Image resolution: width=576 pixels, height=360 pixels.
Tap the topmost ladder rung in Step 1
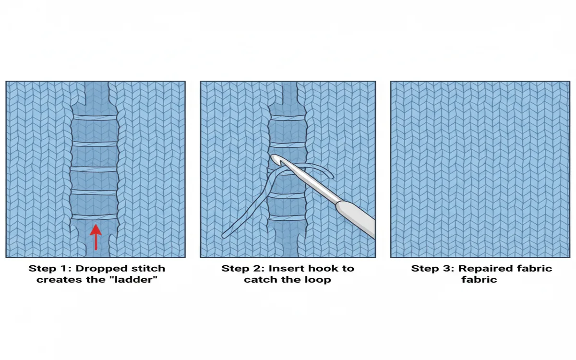click(94, 118)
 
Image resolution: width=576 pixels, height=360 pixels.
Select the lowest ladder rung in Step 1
click(94, 217)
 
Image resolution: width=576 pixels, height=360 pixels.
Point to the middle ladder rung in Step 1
click(94, 169)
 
